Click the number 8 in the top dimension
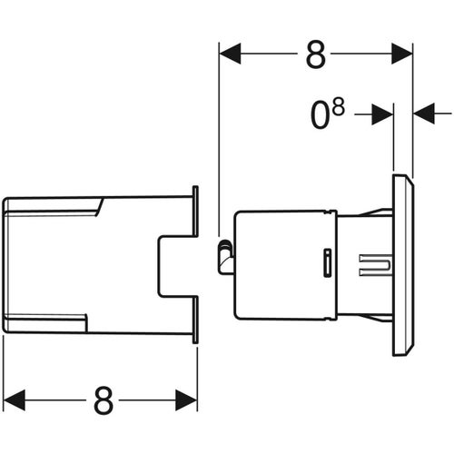[316, 54]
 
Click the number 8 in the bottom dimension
[104, 400]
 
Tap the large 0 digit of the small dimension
[320, 115]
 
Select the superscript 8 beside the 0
[338, 107]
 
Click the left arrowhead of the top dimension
[230, 54]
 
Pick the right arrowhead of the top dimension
[402, 54]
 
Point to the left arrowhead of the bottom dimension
[14, 400]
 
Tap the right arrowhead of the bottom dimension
[186, 400]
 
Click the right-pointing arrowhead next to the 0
[382, 114]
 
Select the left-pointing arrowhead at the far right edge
[424, 113]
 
